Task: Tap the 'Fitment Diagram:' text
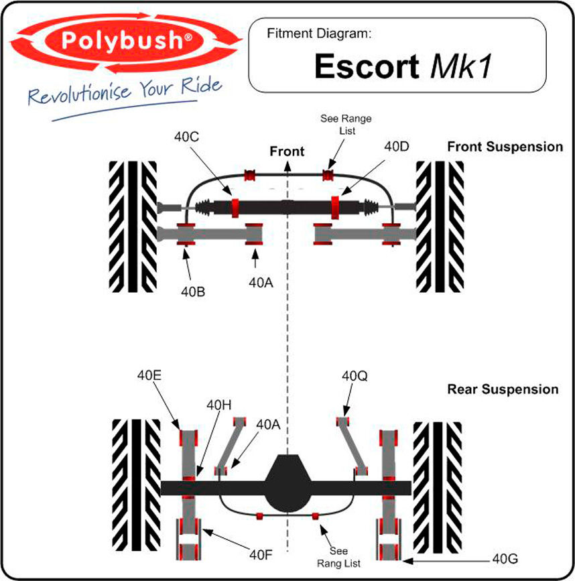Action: [x=319, y=34]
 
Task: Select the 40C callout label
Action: [x=187, y=137]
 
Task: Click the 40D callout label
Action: [x=397, y=146]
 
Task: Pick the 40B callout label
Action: [x=193, y=292]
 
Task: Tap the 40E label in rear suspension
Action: [x=149, y=375]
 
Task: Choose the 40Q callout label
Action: [x=355, y=376]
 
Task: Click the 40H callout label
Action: [x=219, y=405]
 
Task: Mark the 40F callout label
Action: [x=261, y=555]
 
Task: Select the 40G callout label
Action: [x=505, y=558]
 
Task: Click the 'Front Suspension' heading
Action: [x=505, y=147]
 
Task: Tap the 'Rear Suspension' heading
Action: [x=503, y=389]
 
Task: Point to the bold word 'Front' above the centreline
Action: [x=287, y=151]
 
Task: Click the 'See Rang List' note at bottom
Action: [x=338, y=557]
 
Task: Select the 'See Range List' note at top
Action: [x=346, y=125]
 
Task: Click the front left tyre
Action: [x=133, y=227]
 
